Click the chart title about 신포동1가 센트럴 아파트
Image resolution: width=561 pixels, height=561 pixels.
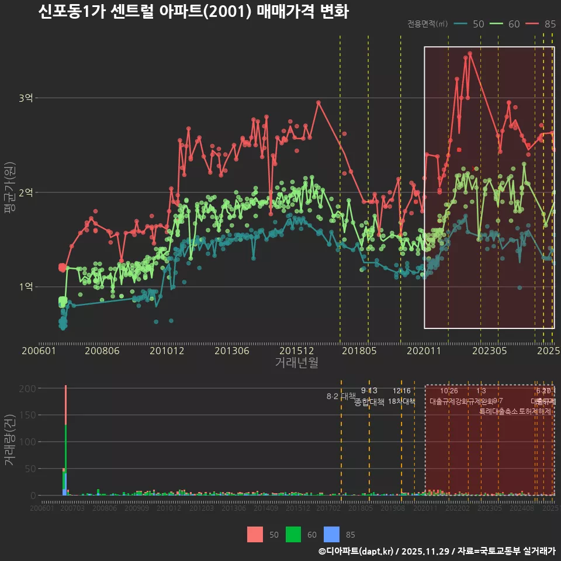193,12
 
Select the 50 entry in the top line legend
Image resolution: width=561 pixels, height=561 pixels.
478,24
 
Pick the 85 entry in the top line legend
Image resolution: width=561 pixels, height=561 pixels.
550,24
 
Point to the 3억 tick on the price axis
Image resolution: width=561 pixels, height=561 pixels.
25,98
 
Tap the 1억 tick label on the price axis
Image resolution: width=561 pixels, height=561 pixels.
25,286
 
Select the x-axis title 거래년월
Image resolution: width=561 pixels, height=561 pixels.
296,362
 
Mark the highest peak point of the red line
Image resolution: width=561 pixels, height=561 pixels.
469,54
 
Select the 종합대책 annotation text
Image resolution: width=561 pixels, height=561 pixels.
369,402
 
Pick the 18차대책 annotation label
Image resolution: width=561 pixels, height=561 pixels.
401,401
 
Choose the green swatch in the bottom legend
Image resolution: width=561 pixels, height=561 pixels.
294,534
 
